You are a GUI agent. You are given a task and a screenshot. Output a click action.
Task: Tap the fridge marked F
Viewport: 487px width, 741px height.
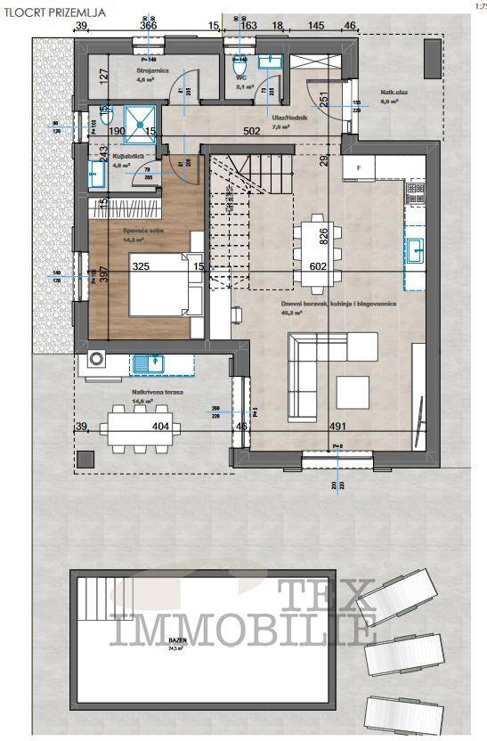click(358, 167)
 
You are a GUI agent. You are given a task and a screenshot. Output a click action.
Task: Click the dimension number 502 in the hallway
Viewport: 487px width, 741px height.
click(256, 132)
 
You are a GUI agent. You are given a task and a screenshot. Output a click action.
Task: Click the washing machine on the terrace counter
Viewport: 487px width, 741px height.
click(96, 362)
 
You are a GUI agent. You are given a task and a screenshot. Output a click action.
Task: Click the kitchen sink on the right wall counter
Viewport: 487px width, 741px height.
click(415, 248)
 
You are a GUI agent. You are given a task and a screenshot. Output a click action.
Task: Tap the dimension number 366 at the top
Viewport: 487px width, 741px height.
click(148, 27)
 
